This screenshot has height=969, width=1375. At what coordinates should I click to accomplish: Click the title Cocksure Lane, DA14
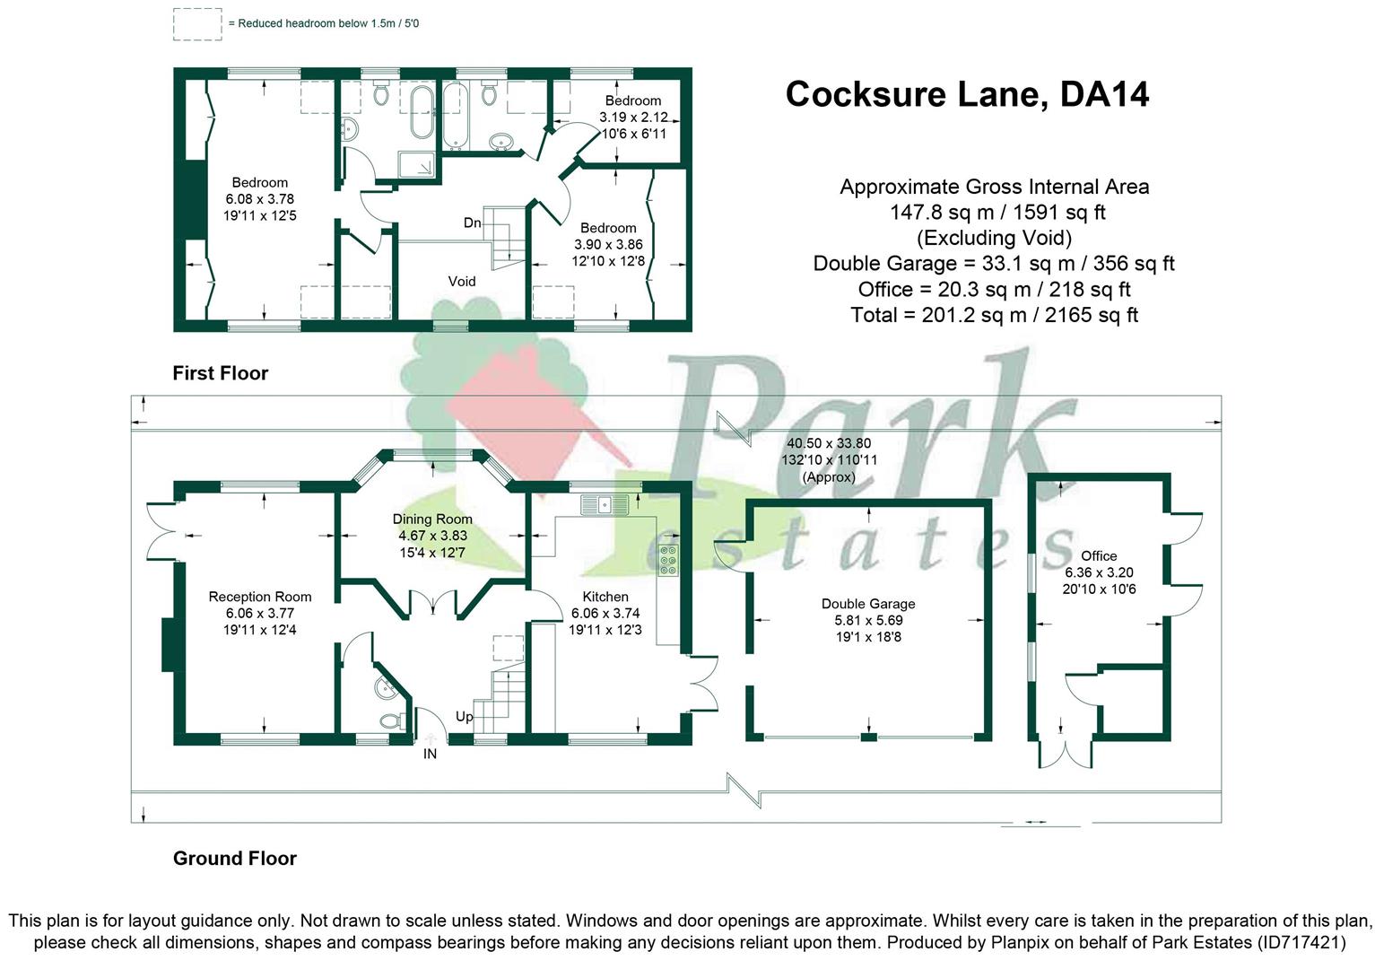pos(967,94)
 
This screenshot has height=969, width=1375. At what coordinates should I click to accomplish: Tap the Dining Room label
pos(432,519)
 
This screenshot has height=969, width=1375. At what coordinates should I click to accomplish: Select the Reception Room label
pos(260,597)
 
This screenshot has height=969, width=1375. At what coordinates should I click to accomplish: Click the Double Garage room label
pos(868,604)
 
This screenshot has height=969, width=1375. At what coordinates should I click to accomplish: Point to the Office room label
pos(1099,556)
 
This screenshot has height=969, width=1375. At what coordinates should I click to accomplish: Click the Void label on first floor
pos(462,282)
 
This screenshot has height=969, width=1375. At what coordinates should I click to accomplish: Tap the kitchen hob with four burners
pos(668,559)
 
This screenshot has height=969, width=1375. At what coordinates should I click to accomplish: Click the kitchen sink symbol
pos(596,502)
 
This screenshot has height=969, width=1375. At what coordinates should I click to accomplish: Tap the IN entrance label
pos(431,755)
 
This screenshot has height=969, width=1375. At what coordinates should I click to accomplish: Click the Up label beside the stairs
pos(465,717)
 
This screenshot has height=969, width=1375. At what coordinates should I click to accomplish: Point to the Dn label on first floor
pos(473,223)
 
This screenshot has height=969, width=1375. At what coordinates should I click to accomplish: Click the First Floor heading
pos(221,373)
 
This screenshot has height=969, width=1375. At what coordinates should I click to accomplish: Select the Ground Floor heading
pos(235,859)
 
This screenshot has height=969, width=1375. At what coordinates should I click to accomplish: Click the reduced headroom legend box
pos(197,24)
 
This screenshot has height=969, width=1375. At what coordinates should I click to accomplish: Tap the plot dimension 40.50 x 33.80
pos(829,443)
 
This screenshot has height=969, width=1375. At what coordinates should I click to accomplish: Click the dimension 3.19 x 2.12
pos(633,118)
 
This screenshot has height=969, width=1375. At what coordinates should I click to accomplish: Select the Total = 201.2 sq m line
pos(994,315)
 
